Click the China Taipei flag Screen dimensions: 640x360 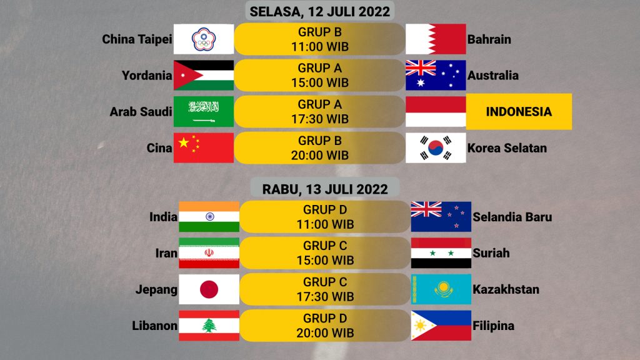click(x=204, y=39)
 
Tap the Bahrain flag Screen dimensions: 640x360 click(x=436, y=39)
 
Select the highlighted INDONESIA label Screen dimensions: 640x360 click(x=519, y=111)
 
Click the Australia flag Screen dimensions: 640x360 click(x=436, y=75)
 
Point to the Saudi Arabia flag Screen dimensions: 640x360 click(x=204, y=111)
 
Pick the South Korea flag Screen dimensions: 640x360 click(x=436, y=147)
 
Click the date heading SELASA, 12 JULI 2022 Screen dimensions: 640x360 click(x=320, y=11)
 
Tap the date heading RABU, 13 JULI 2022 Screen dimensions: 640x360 click(x=325, y=189)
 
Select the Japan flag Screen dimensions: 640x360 click(x=209, y=289)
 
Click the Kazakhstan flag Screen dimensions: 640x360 click(x=441, y=289)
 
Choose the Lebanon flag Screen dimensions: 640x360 click(x=209, y=326)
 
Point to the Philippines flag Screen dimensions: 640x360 click(x=441, y=326)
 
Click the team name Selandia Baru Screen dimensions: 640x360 click(x=512, y=217)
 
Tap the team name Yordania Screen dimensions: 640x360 click(x=147, y=76)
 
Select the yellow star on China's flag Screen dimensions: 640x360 click(x=184, y=142)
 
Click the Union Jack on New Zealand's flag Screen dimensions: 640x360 click(x=426, y=209)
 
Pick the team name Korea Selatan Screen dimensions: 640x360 click(x=507, y=147)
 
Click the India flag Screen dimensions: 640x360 click(x=209, y=217)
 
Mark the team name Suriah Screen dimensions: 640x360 click(x=491, y=253)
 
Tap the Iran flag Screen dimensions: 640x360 click(x=209, y=253)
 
